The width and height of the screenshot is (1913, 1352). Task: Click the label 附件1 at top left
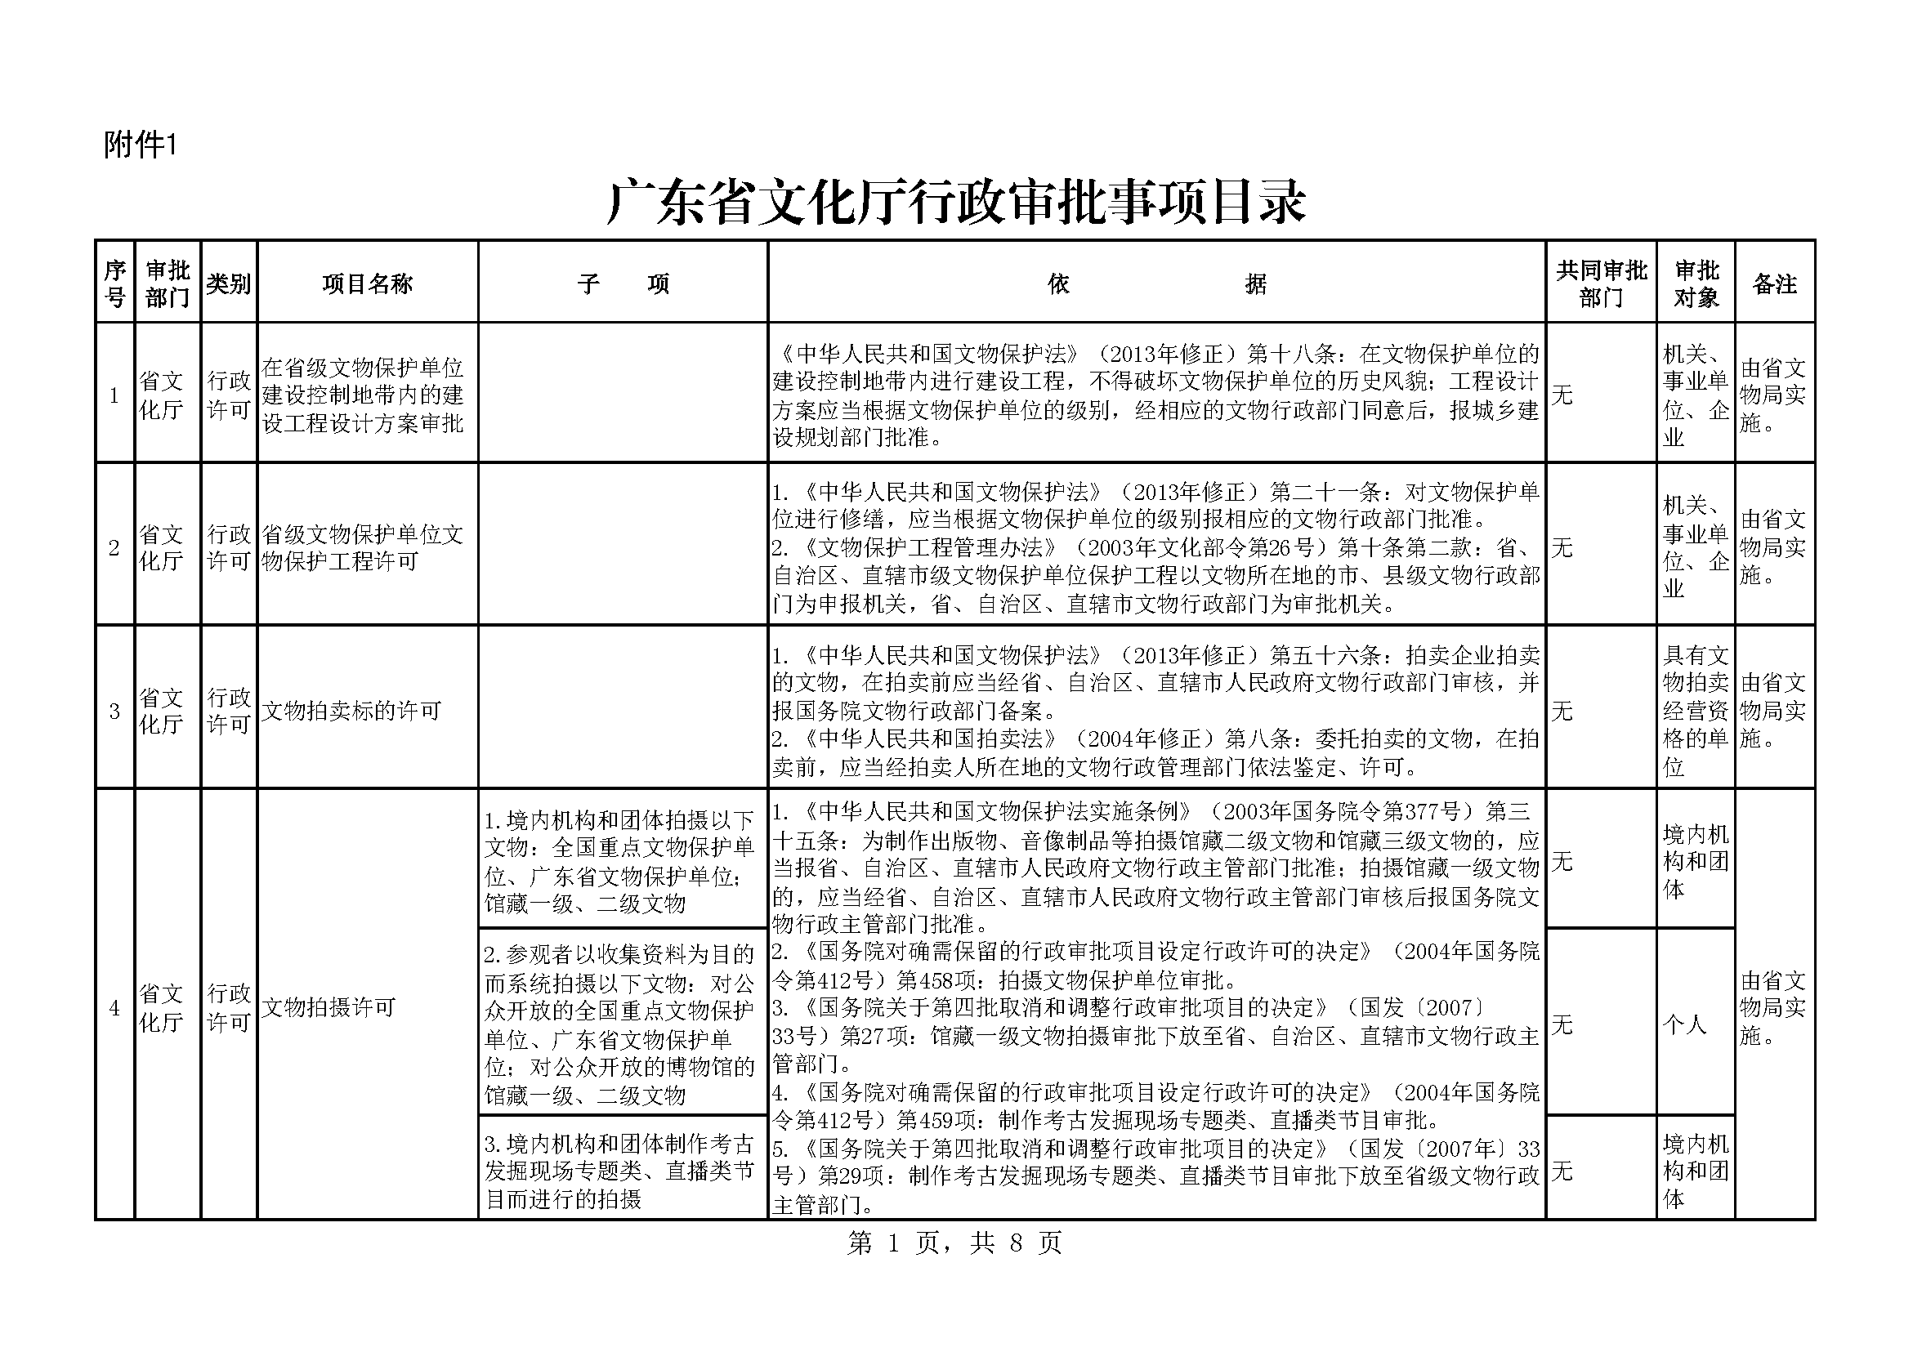(x=140, y=145)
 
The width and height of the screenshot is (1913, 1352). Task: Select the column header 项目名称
(x=368, y=284)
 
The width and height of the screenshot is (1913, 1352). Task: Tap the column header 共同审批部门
(x=1601, y=284)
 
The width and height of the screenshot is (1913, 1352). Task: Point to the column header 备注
(x=1774, y=284)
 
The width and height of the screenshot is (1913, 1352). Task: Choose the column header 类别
(x=228, y=284)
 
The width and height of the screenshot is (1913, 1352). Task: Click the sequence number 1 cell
(x=114, y=395)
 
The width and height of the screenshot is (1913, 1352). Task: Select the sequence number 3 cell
(x=114, y=711)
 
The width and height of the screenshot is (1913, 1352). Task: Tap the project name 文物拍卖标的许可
(x=351, y=711)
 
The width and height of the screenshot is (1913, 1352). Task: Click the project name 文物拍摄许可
(x=329, y=1007)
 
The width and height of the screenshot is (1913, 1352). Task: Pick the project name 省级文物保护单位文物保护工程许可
(x=363, y=547)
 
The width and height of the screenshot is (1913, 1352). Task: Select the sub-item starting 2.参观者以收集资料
(x=620, y=1024)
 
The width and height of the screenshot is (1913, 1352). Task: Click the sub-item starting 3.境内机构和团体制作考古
(x=620, y=1171)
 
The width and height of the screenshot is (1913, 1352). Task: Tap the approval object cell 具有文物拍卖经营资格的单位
(x=1696, y=711)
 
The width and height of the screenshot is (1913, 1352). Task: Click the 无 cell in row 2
(x=1562, y=547)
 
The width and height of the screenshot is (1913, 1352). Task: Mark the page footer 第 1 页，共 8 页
(x=954, y=1243)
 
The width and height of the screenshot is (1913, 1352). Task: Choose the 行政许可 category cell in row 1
(x=228, y=395)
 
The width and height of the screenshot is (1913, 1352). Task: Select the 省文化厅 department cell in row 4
(x=162, y=1007)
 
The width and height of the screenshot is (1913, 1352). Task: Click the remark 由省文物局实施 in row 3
(x=1773, y=711)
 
